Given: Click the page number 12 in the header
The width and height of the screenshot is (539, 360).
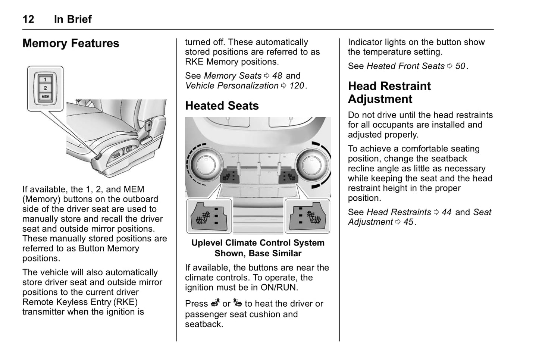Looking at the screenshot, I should pyautogui.click(x=28, y=19).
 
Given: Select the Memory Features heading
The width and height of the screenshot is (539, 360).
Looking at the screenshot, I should pyautogui.click(x=71, y=43).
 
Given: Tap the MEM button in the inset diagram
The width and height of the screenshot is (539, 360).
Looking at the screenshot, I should pyautogui.click(x=45, y=97).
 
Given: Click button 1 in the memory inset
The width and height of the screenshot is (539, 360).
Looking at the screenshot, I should pyautogui.click(x=45, y=79).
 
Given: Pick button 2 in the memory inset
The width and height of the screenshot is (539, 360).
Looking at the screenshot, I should pyautogui.click(x=45, y=88).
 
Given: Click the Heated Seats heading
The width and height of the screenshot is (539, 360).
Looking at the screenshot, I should pyautogui.click(x=222, y=106).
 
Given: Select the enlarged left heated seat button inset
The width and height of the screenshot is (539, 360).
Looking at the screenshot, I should pyautogui.click(x=209, y=216).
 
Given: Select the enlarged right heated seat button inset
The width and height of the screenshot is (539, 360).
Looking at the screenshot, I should pyautogui.click(x=307, y=216).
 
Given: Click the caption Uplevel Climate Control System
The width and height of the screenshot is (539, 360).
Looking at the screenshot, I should pyautogui.click(x=258, y=243).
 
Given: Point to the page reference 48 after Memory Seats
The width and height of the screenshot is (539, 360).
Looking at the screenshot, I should pyautogui.click(x=277, y=76).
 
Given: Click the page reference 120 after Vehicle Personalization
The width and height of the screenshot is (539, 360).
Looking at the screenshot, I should pyautogui.click(x=297, y=86).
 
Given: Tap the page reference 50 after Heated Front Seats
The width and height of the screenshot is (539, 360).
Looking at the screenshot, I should pyautogui.click(x=460, y=66).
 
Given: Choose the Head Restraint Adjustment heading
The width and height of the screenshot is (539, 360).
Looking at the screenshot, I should pyautogui.click(x=389, y=93).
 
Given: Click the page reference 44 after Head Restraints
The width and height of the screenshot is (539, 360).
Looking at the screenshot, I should pyautogui.click(x=446, y=212).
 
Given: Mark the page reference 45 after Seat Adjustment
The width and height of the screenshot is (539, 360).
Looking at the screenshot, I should pyautogui.click(x=408, y=222).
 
